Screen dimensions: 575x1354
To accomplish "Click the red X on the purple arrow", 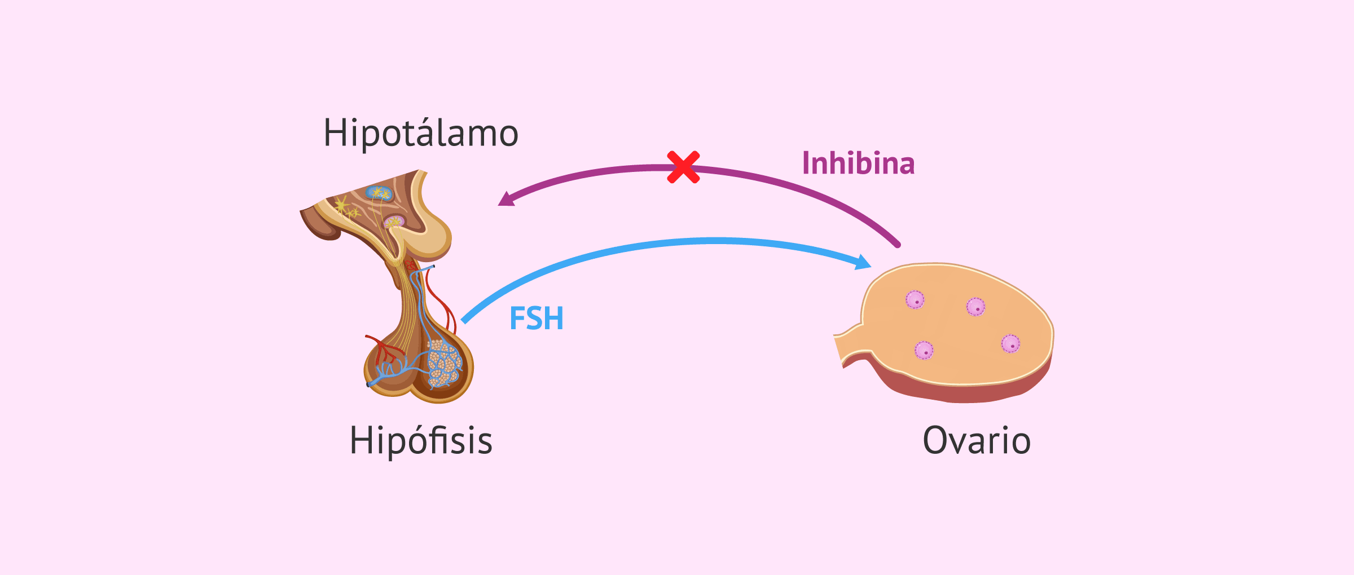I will [683, 167].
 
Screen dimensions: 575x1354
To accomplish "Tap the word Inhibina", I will [858, 163].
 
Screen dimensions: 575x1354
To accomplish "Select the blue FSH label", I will [536, 319].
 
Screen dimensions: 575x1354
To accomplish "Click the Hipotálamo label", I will [420, 134].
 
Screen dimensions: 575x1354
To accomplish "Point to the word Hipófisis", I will [421, 440].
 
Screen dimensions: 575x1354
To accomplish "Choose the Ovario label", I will [977, 440].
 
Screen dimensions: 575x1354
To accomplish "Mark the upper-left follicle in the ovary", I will [915, 299].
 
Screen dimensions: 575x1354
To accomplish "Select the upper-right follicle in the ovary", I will [976, 307].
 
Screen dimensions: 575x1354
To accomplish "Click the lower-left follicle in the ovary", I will [924, 350].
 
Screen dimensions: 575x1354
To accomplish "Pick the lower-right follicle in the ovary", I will [1010, 343].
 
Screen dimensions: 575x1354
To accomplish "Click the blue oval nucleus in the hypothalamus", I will [379, 193].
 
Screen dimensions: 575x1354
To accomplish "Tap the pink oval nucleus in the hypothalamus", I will [394, 222].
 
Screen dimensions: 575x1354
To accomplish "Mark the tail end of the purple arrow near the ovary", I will [896, 245].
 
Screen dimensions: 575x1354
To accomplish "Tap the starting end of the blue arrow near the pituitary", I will [464, 321].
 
